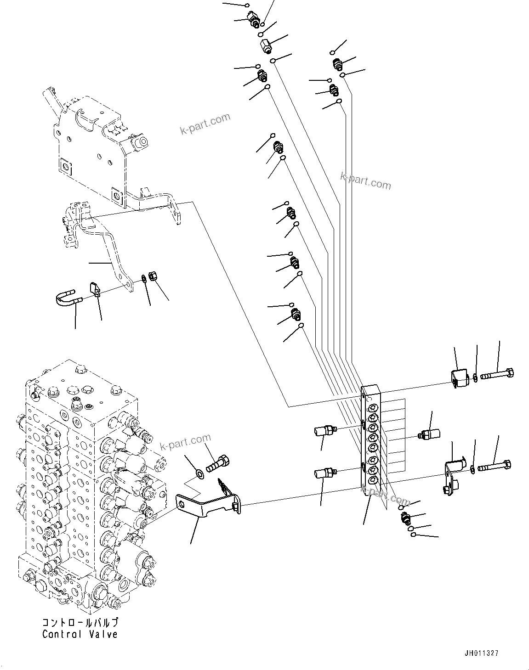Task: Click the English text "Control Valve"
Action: pyautogui.click(x=80, y=634)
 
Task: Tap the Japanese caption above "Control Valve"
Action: pyautogui.click(x=80, y=623)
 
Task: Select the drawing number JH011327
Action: pyautogui.click(x=481, y=653)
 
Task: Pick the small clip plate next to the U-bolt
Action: pyautogui.click(x=95, y=289)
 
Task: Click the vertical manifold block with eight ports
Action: pyautogui.click(x=371, y=441)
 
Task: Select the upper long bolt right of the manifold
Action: pyautogui.click(x=497, y=374)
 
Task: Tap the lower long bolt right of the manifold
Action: pyautogui.click(x=495, y=467)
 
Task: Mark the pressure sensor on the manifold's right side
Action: pyautogui.click(x=430, y=434)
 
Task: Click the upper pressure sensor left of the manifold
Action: pyautogui.click(x=324, y=430)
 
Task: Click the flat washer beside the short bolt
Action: pyautogui.click(x=200, y=473)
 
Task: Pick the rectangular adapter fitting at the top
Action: pyautogui.click(x=265, y=45)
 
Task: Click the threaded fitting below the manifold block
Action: pyautogui.click(x=405, y=518)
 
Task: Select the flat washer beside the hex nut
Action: pyautogui.click(x=144, y=278)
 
